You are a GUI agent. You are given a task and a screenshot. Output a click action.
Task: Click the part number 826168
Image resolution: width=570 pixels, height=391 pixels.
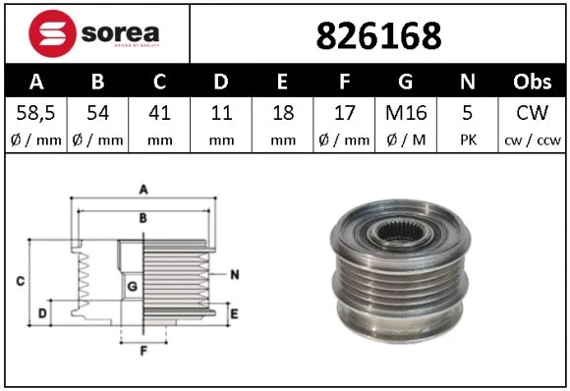377,35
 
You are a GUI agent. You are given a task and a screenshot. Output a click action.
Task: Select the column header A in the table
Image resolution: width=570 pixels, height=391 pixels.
35,82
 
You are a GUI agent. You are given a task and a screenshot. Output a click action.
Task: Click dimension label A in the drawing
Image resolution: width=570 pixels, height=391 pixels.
143,188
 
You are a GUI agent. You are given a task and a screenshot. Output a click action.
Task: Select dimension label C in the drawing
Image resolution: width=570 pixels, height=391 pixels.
21,282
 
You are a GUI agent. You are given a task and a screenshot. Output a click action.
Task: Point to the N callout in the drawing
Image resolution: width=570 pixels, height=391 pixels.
235,276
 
